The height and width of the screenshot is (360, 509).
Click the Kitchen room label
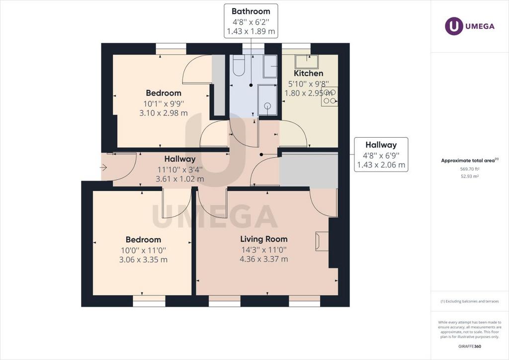click(308, 74)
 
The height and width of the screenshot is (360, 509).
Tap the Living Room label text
click(264, 239)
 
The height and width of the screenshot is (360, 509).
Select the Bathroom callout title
click(251, 11)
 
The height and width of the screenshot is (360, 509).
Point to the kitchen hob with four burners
click(330, 97)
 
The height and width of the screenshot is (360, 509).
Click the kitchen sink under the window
click(306, 62)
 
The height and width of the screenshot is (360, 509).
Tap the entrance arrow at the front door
click(103, 168)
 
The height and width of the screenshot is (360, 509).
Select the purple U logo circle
click(454, 26)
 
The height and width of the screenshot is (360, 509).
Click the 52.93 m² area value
click(470, 177)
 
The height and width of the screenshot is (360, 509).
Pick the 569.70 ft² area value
click(470, 169)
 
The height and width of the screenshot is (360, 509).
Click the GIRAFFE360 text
click(470, 347)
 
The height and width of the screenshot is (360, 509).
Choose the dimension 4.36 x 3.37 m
click(264, 259)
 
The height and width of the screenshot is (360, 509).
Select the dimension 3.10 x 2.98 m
click(164, 113)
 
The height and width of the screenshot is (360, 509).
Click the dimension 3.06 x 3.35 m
click(144, 260)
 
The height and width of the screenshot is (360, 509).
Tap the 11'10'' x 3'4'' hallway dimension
click(180, 169)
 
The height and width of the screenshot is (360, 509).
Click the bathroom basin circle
click(267, 105)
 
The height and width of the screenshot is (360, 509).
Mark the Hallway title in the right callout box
click(381, 145)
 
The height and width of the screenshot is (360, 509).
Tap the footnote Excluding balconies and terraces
click(470, 301)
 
